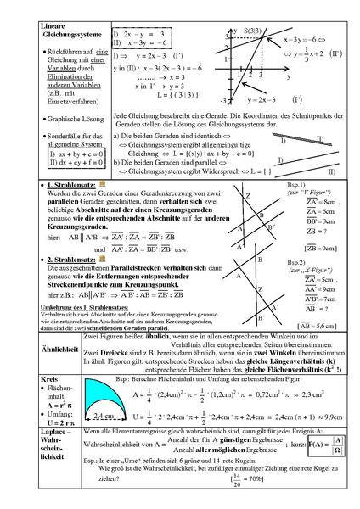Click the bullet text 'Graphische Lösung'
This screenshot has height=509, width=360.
pos(70,120)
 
